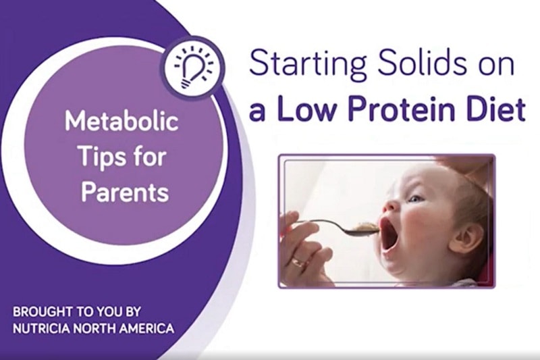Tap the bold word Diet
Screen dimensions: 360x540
tap(497, 110)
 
